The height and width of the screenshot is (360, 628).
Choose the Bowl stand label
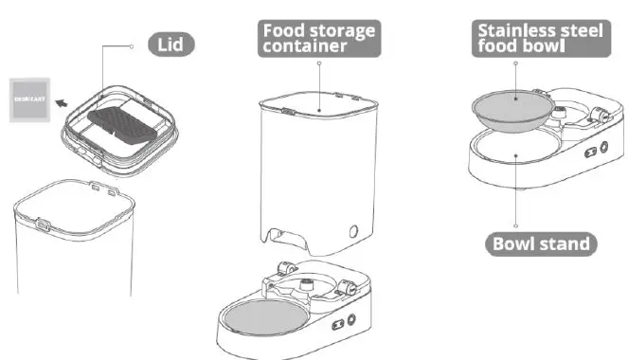(x=541, y=243)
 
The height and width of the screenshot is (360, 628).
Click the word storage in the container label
(x=343, y=30)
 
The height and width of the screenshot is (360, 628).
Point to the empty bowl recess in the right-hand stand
(x=515, y=150)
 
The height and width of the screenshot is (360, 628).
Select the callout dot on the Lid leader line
(x=129, y=45)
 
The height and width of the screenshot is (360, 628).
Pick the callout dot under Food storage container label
(x=319, y=63)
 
